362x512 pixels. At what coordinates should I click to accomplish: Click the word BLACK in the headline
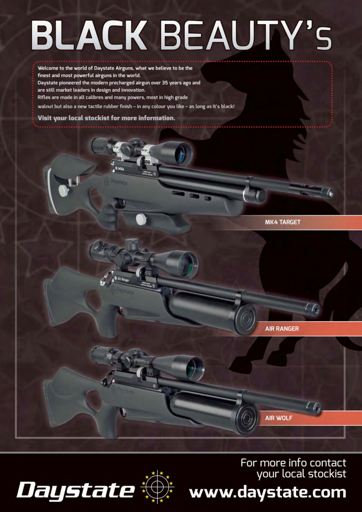point(89,36)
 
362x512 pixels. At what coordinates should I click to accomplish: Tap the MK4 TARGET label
point(282,222)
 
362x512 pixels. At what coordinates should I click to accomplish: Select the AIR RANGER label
point(282,329)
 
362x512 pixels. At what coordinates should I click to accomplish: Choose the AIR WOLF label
point(279,418)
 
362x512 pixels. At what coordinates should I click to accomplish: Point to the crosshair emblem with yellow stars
point(158,486)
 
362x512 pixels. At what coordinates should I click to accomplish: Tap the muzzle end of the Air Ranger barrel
point(316,309)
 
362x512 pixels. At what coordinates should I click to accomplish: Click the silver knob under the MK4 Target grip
point(141,219)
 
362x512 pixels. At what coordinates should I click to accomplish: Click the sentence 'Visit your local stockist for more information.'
point(106,118)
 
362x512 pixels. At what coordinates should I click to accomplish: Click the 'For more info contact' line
point(293,463)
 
